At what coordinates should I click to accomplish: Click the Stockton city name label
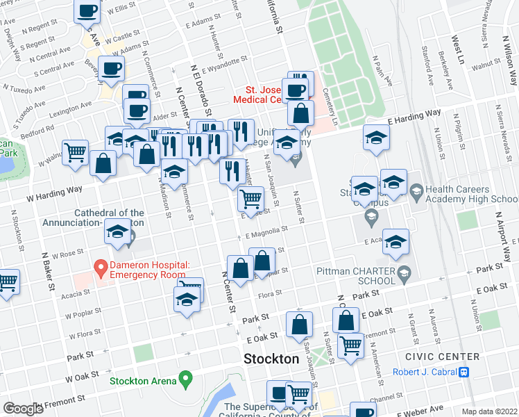pyautogui.click(x=271, y=359)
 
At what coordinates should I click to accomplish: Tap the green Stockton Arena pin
pyautogui.click(x=185, y=379)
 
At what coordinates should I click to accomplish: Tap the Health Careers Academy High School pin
pyautogui.click(x=416, y=190)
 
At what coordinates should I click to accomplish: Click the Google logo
pyautogui.click(x=23, y=409)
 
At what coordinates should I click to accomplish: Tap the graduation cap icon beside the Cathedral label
pyautogui.click(x=118, y=233)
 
